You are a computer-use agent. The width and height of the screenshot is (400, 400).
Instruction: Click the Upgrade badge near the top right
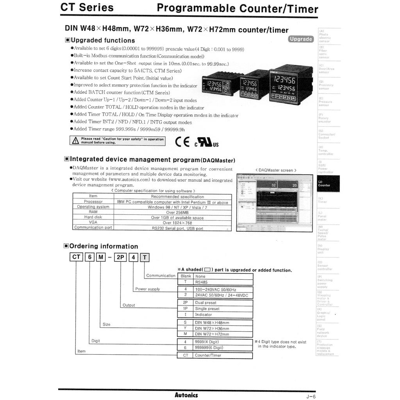pos(301,39)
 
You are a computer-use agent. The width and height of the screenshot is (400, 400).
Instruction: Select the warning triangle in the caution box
pos(75,141)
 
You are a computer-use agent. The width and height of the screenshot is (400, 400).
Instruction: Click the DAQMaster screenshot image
pos(275,203)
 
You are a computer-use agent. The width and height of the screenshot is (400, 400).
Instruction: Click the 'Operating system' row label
pos(93,207)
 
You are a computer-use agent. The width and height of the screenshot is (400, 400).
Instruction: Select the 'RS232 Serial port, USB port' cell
pos(177,228)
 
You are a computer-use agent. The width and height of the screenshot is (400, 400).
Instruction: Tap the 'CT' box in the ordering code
pos(77,257)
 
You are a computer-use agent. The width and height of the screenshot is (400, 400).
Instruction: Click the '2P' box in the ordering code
pos(120,257)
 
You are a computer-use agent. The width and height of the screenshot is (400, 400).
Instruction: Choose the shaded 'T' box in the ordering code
pos(145,257)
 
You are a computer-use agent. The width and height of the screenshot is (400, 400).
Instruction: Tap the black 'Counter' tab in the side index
pos(328,184)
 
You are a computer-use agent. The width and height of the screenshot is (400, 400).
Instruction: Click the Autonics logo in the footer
pos(186,395)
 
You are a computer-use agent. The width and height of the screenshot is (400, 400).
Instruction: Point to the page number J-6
pos(311,396)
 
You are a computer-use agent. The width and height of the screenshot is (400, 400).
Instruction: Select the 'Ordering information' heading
pos(104,246)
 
